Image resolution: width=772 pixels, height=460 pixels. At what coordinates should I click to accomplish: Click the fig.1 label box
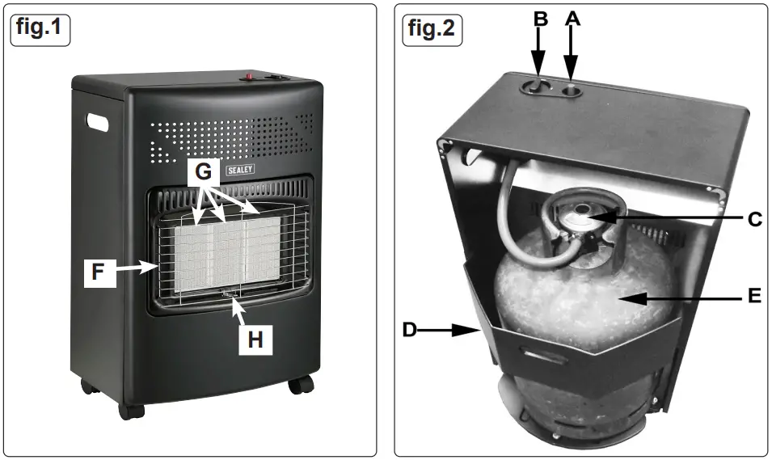click(41, 30)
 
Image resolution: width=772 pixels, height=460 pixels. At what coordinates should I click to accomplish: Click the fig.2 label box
click(431, 30)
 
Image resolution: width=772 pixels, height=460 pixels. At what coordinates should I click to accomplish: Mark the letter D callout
click(410, 330)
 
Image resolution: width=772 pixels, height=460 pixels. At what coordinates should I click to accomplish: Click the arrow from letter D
click(452, 330)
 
